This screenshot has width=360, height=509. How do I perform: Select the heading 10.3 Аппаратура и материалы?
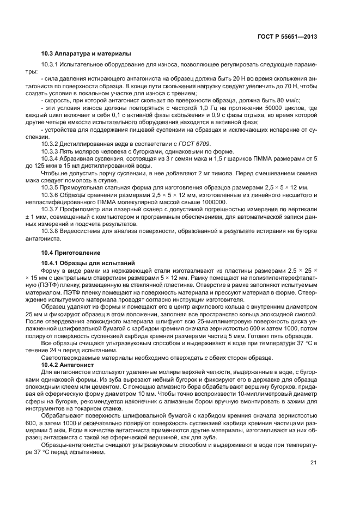click(x=86, y=53)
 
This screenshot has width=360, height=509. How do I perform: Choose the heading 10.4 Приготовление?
click(x=71, y=253)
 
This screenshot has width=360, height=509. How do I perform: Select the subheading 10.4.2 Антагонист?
click(x=68, y=365)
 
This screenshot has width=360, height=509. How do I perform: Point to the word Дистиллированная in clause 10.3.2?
click(x=86, y=143)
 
